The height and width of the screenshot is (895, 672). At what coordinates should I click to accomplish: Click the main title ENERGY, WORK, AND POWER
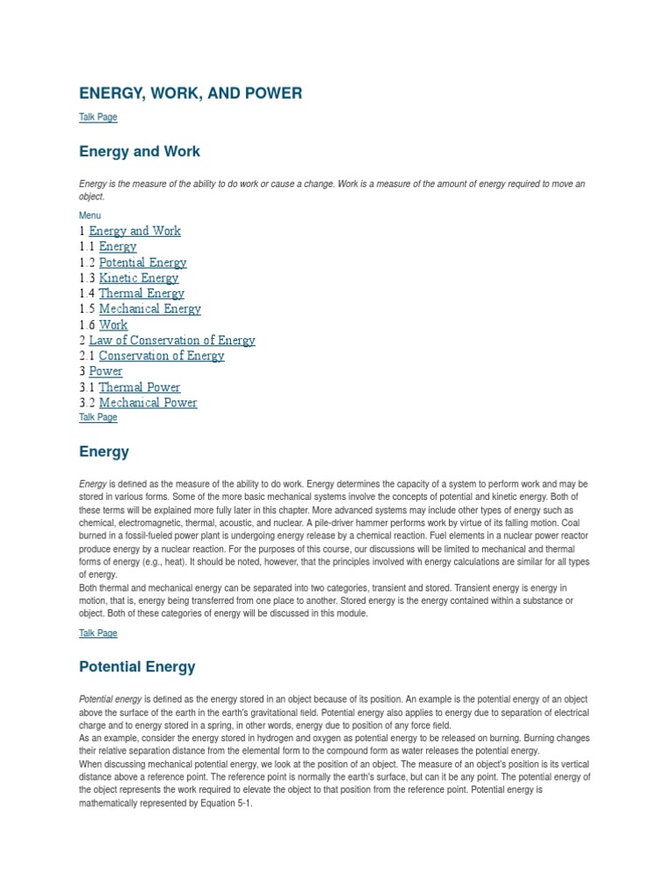click(191, 93)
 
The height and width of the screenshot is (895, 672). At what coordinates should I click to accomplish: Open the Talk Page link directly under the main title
click(97, 117)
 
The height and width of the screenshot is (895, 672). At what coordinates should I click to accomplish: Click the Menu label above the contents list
click(89, 215)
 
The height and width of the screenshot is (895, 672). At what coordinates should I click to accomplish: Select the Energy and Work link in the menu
click(135, 231)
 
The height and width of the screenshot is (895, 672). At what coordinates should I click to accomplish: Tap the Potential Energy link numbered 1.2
click(143, 262)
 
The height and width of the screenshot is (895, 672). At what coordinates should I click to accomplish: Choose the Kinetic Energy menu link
click(138, 278)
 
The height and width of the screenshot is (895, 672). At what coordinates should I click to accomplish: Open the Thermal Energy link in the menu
click(141, 294)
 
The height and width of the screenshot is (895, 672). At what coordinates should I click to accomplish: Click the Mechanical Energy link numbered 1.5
click(150, 309)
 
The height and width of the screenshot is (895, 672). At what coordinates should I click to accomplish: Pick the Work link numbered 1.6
click(113, 324)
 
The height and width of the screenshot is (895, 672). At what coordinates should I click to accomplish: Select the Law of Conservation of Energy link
click(171, 340)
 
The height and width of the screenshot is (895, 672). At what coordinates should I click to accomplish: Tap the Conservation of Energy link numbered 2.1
click(161, 356)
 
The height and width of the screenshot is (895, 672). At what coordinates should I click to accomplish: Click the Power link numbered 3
click(106, 371)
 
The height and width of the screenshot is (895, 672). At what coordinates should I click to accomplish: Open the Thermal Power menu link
click(139, 387)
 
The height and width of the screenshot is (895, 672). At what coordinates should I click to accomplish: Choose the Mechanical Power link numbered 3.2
click(148, 403)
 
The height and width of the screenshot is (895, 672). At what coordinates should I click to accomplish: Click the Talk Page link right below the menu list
click(97, 418)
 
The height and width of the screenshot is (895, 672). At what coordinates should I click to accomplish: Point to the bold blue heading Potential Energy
click(137, 667)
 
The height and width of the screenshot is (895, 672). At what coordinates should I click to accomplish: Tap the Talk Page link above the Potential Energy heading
click(97, 634)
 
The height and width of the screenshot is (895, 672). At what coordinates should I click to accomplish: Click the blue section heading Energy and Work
click(139, 151)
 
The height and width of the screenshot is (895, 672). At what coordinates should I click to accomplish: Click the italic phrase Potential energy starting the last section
click(110, 699)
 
